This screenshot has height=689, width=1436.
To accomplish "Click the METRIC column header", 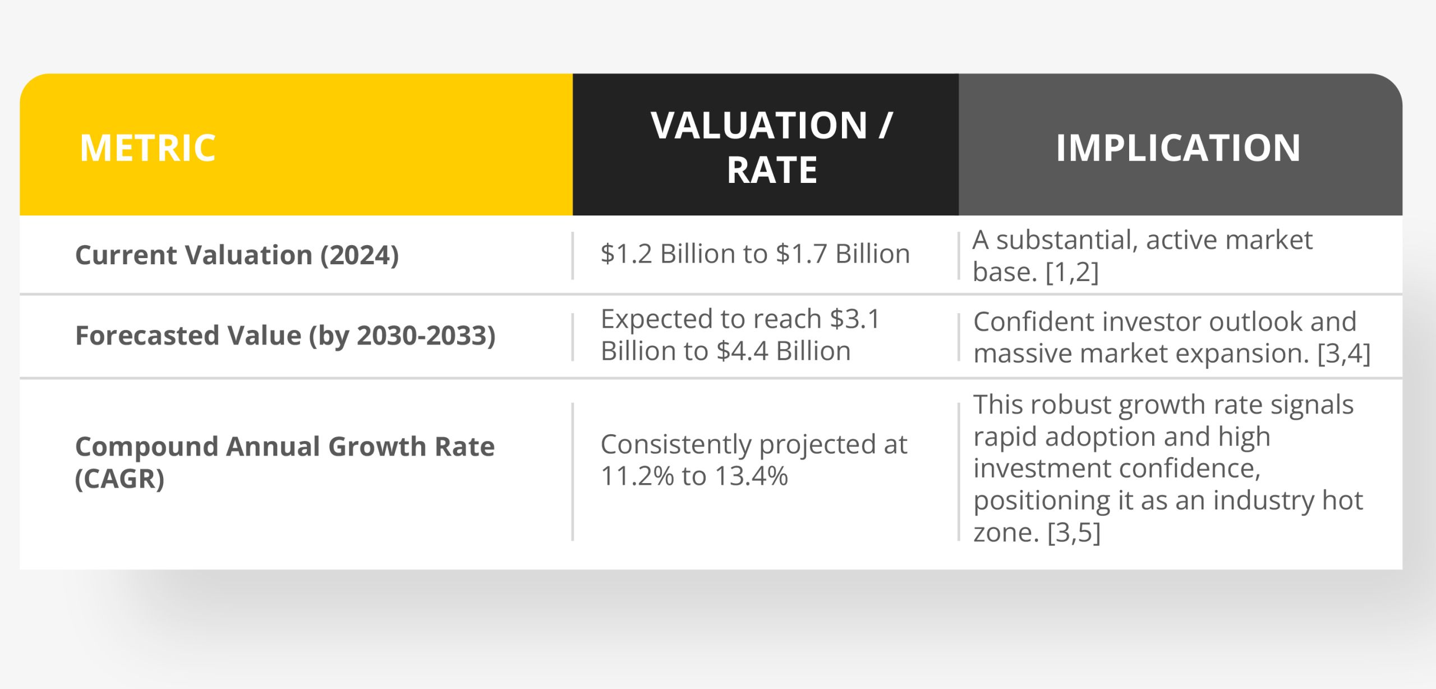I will coord(148,148).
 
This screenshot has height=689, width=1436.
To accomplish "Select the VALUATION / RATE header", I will coord(771,147).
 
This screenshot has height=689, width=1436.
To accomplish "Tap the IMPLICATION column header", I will coord(1178,148).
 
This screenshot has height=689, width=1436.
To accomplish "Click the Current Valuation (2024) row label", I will coord(237,255).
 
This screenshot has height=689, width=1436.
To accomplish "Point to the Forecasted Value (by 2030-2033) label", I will coord(285,336).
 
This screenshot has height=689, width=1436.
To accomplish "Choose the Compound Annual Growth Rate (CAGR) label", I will coord(284,462).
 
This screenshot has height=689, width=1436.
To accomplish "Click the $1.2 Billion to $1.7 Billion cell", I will coord(754,254).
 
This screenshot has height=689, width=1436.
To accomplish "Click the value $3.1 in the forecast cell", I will coord(855,319).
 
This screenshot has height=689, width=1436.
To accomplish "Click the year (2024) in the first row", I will coord(359,255).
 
